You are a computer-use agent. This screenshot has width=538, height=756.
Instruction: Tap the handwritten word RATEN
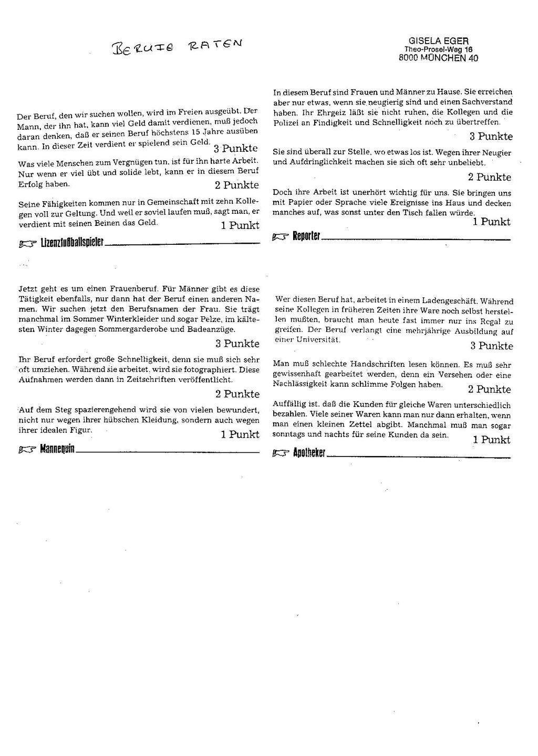[212, 44]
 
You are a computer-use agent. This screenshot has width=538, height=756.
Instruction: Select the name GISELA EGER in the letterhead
[438, 41]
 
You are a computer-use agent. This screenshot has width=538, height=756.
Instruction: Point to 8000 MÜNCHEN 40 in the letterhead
[438, 58]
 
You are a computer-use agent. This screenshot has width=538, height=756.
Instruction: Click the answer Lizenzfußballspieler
[72, 243]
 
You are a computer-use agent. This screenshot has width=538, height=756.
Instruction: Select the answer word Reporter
[306, 237]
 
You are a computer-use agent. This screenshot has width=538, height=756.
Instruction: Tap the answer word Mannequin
[57, 449]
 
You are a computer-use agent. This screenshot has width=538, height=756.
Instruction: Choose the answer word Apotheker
[309, 453]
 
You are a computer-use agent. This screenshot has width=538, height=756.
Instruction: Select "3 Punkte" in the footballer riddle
[236, 148]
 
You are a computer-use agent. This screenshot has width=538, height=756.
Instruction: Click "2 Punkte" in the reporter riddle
[489, 177]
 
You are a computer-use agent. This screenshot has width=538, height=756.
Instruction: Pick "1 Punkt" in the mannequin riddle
[240, 434]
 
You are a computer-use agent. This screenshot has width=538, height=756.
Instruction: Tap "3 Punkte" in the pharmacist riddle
[491, 346]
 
